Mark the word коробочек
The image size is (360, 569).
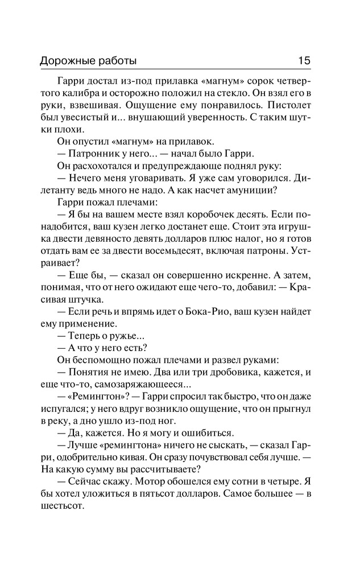pyautogui.click(x=195, y=215)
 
